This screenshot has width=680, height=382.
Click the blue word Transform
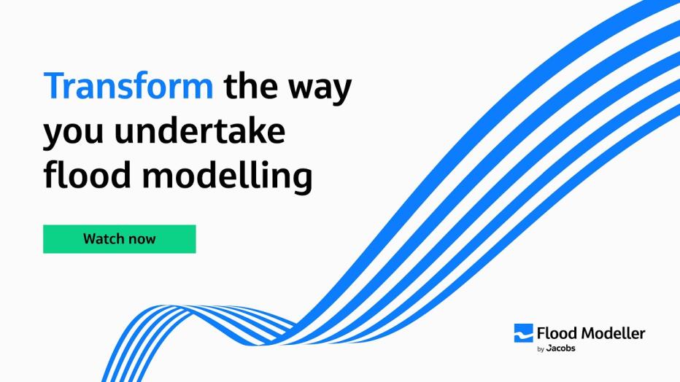tap(128, 87)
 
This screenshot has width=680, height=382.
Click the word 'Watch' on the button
tap(102, 238)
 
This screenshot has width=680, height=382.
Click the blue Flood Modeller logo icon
tap(523, 333)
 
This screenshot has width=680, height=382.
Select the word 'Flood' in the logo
tap(556, 333)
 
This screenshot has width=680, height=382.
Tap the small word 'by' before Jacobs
tap(541, 349)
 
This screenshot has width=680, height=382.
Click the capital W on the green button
tap(90, 238)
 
